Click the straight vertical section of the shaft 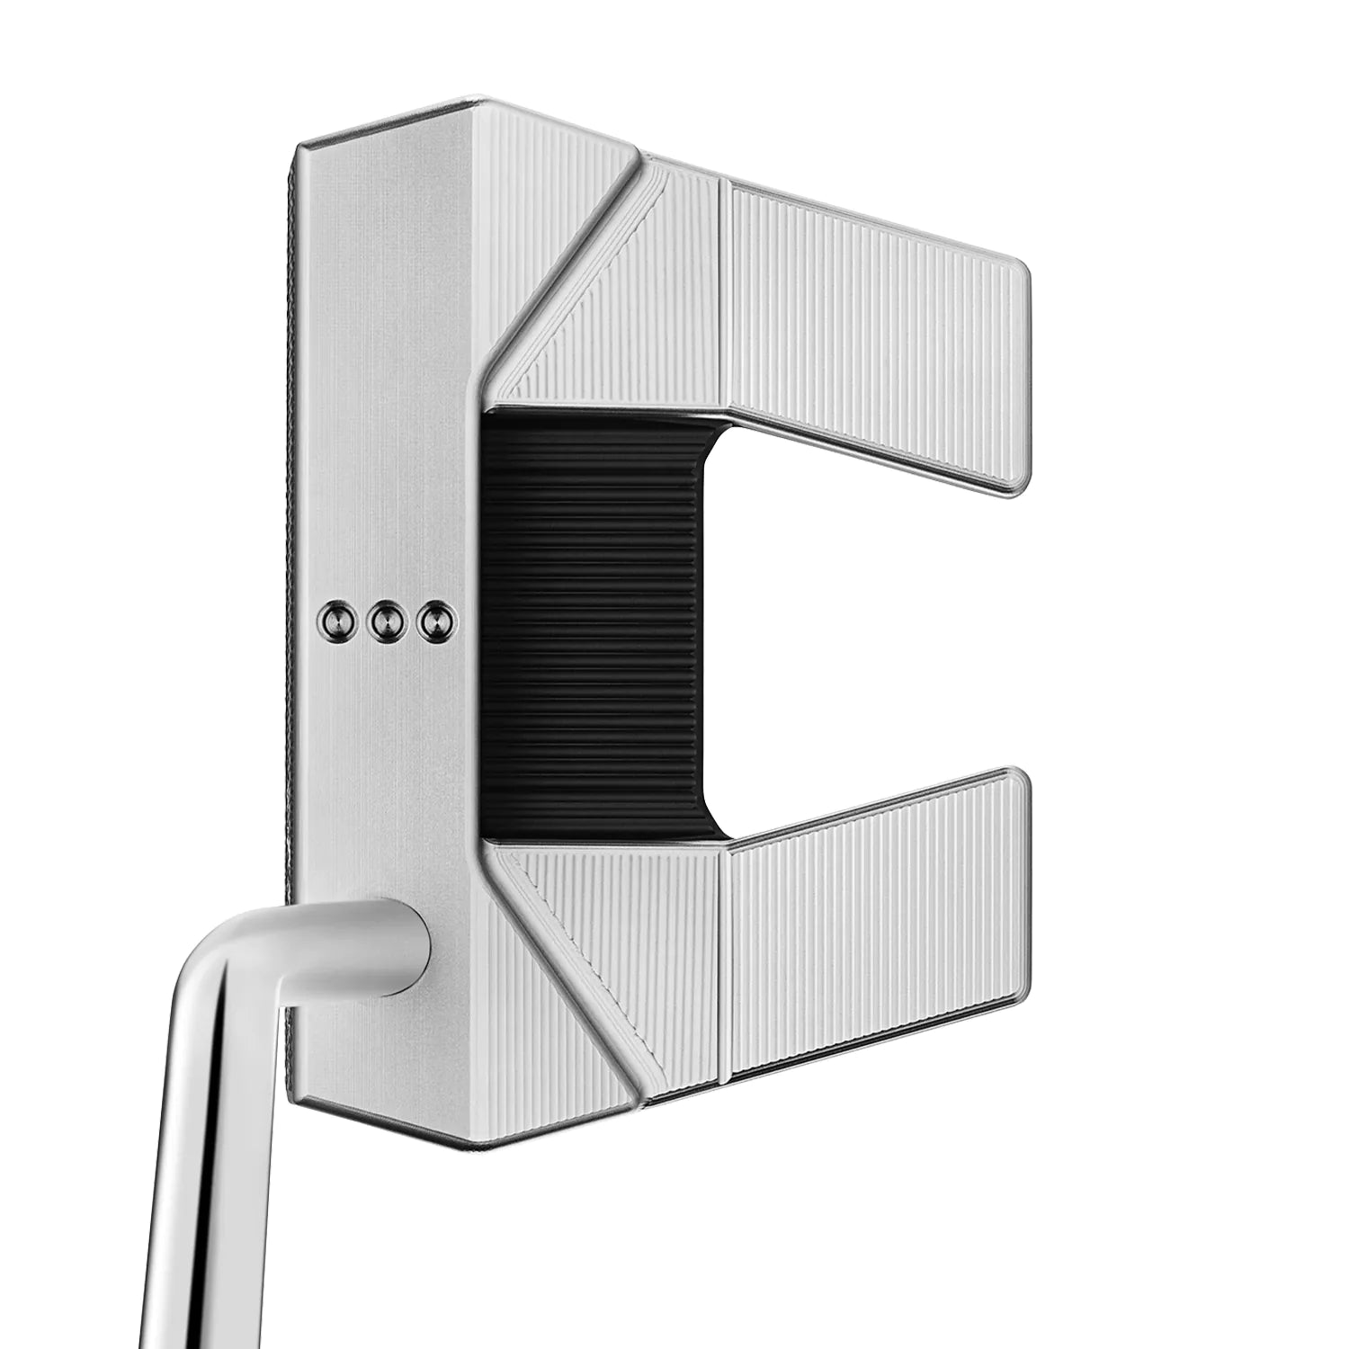coord(198,1214)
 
